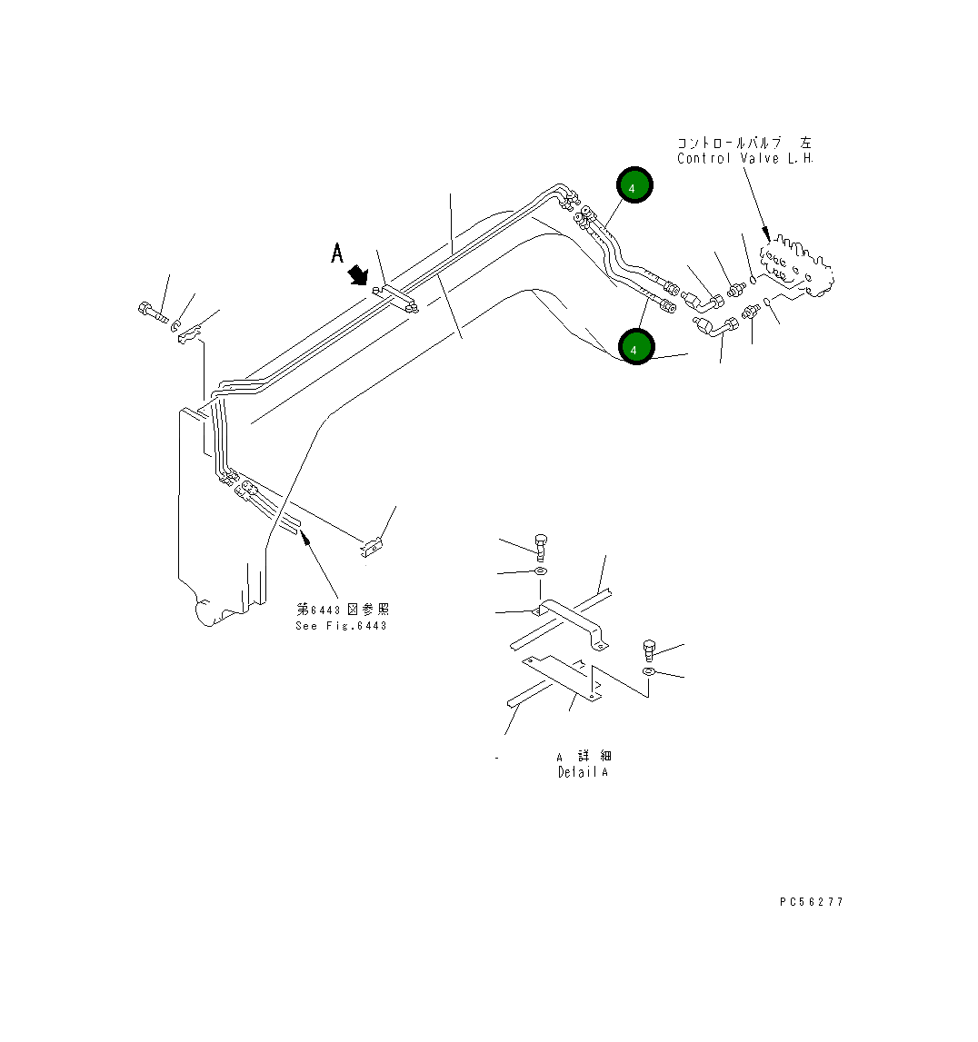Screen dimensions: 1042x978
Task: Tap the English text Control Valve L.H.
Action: [744, 159]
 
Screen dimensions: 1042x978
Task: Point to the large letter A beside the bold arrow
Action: [337, 253]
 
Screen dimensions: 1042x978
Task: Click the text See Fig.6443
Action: [341, 626]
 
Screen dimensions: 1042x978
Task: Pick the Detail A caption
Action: [583, 772]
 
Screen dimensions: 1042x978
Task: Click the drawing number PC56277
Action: [811, 902]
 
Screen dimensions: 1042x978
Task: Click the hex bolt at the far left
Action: [153, 313]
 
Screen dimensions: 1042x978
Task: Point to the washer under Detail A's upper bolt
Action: [541, 571]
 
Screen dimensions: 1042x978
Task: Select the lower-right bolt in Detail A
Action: [649, 650]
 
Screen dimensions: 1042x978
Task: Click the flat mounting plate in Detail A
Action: [564, 676]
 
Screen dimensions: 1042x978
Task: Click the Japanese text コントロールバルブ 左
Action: [744, 144]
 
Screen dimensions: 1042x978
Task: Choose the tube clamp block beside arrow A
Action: [398, 296]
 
